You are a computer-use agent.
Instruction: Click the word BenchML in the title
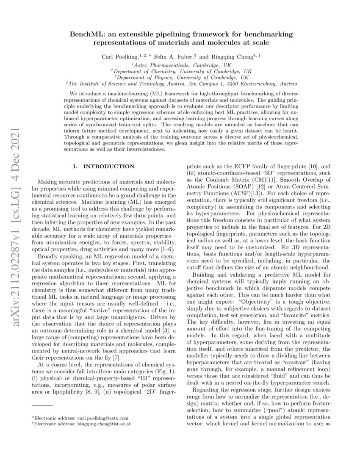point(88,34)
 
